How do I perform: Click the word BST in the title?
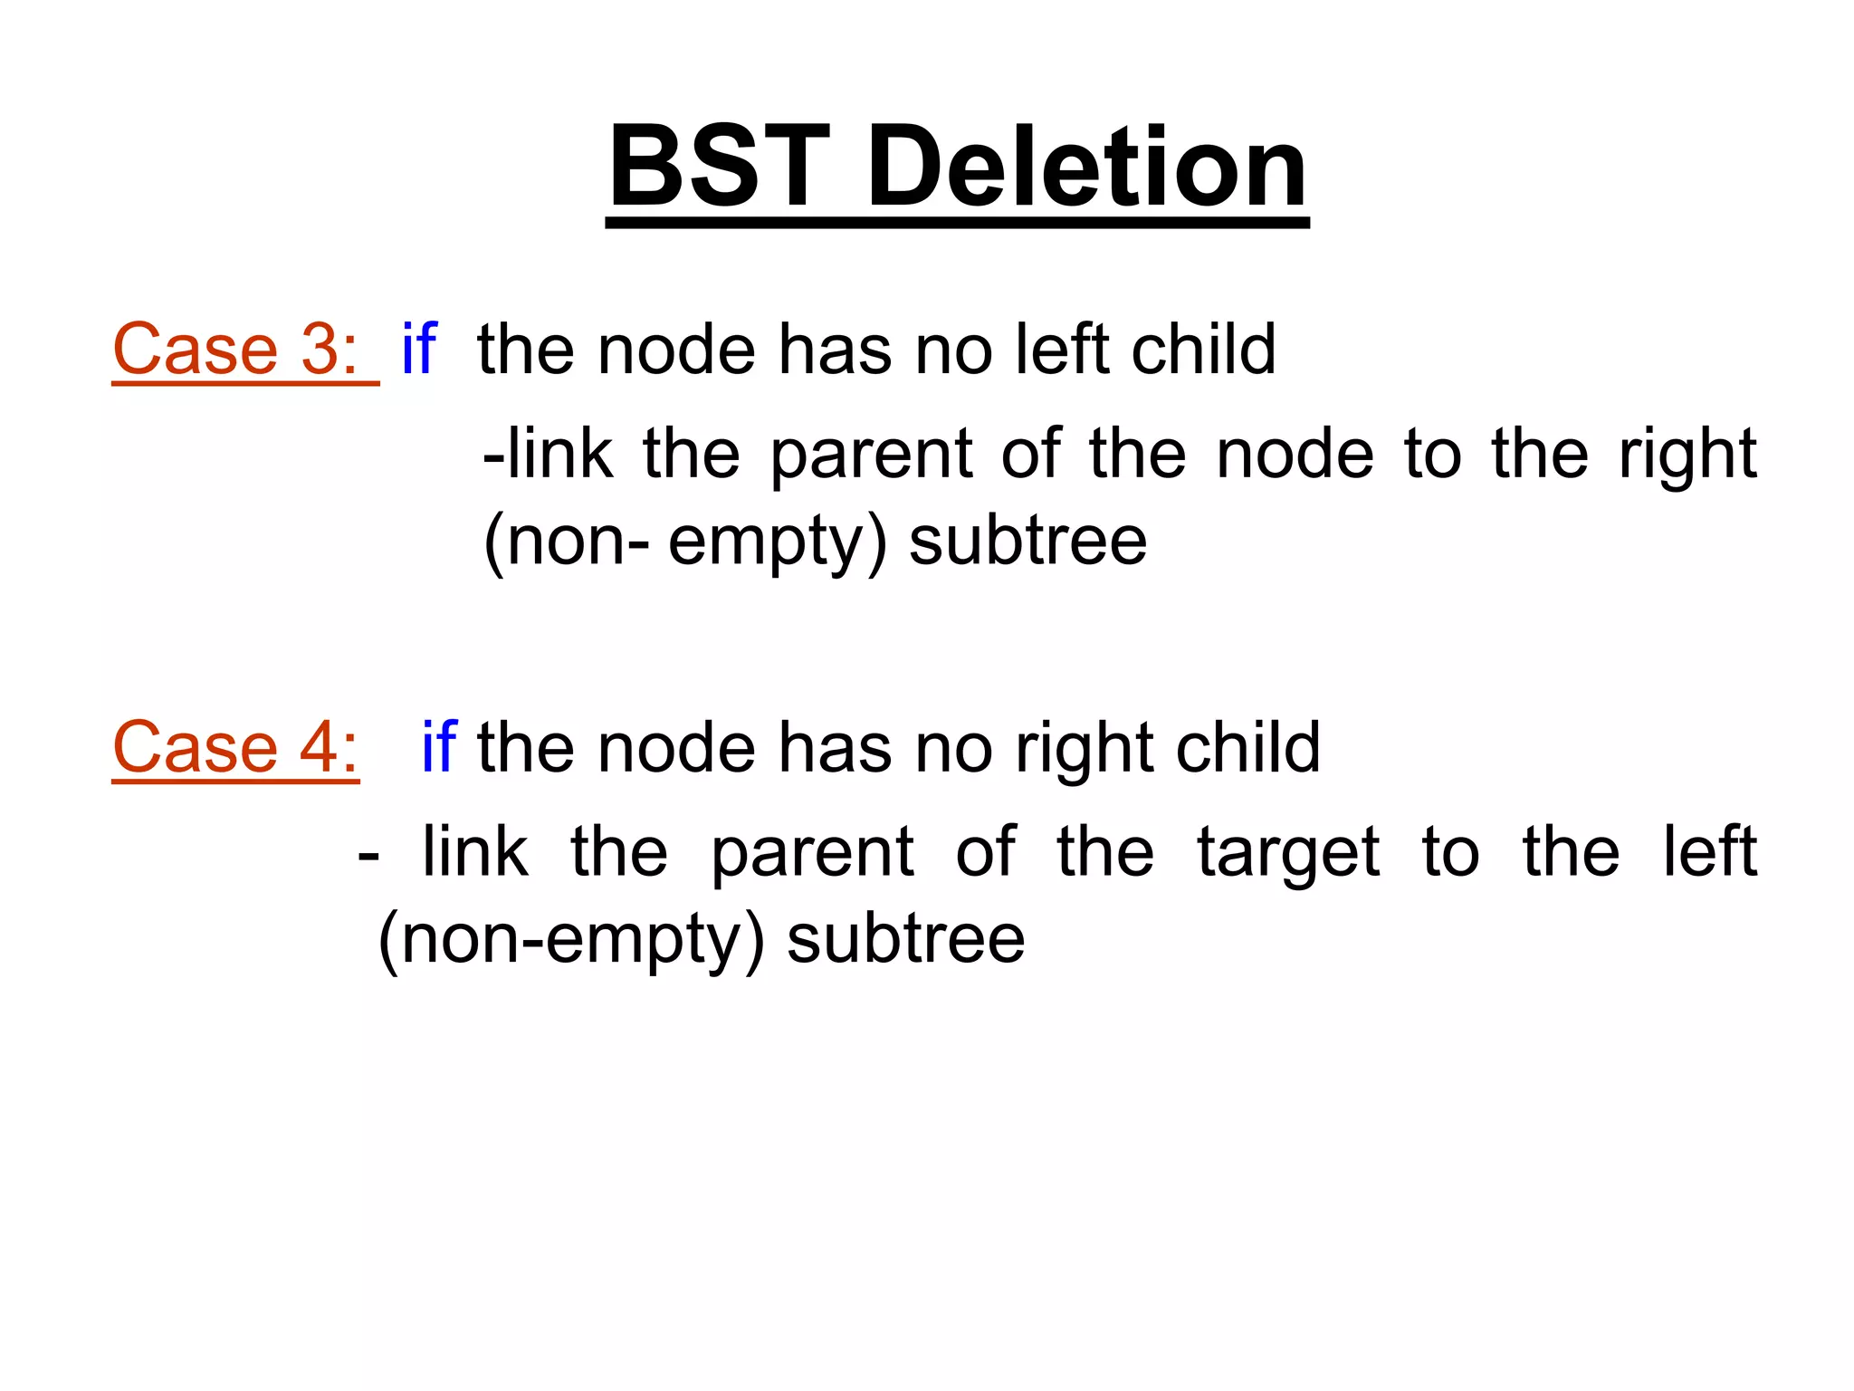[720, 168]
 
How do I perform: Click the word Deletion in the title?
[1087, 168]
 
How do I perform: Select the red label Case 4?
[235, 749]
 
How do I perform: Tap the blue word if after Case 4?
[439, 747]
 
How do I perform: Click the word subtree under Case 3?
[1028, 542]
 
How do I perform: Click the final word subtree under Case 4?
[906, 940]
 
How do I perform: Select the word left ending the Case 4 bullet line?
[1710, 851]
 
